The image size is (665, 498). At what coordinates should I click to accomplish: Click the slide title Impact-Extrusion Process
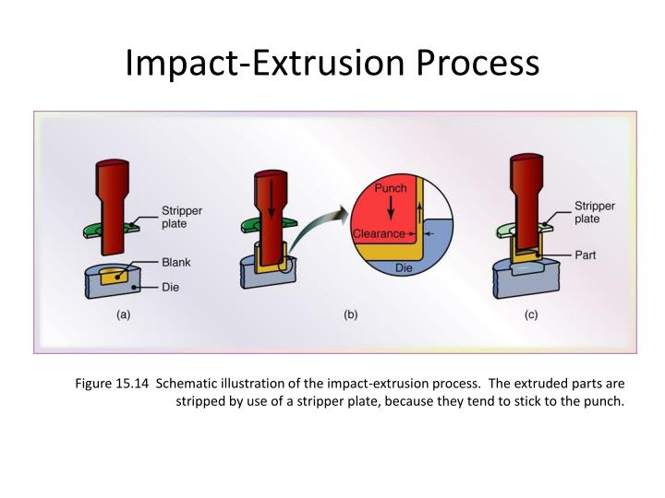pyautogui.click(x=332, y=62)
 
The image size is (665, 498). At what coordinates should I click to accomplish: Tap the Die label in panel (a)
pyautogui.click(x=172, y=287)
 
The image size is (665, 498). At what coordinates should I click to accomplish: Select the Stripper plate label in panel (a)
pyautogui.click(x=182, y=216)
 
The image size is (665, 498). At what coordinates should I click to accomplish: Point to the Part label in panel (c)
pyautogui.click(x=586, y=255)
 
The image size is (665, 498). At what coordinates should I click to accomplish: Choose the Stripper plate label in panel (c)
pyautogui.click(x=594, y=212)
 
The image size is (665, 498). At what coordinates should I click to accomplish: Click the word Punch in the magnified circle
pyautogui.click(x=391, y=188)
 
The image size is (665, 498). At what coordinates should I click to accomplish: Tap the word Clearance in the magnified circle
pyautogui.click(x=378, y=233)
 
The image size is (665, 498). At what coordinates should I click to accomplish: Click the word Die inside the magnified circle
pyautogui.click(x=404, y=267)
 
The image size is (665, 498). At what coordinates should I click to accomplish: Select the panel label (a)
pyautogui.click(x=123, y=314)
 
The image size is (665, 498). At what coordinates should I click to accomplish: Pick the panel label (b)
pyautogui.click(x=351, y=314)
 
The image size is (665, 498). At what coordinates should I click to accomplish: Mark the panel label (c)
pyautogui.click(x=531, y=314)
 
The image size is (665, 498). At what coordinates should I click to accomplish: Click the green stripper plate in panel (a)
pyautogui.click(x=103, y=227)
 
